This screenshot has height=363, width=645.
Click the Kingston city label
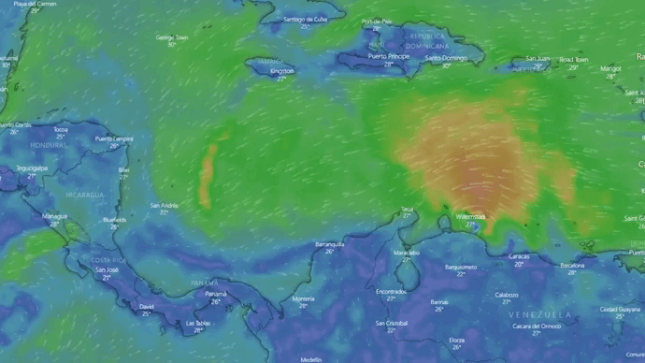[281, 71]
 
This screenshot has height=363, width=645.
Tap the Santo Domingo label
[446, 58]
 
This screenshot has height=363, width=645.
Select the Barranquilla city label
[329, 243]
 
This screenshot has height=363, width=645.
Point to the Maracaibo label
[406, 253]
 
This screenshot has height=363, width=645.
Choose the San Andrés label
[164, 205]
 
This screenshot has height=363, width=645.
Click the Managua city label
[54, 216]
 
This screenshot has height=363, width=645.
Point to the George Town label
[171, 37]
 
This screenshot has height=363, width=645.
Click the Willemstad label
[471, 216]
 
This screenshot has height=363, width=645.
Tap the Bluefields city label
[115, 220]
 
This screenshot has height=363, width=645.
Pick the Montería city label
[304, 298]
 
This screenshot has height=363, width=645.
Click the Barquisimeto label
[461, 267]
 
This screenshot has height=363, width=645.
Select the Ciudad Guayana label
[620, 309]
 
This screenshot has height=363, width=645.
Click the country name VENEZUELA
[541, 314]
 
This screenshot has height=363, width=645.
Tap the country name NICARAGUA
[84, 194]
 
